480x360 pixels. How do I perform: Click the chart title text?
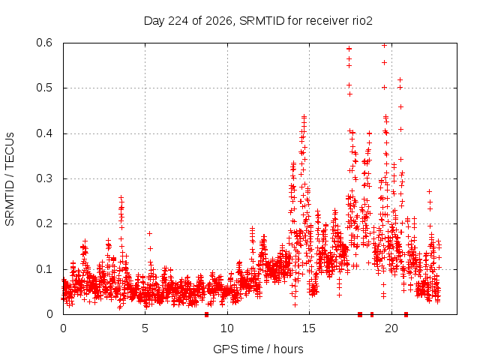pos(258,21)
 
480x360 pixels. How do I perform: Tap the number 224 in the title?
pos(179,21)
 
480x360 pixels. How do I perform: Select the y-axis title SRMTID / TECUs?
pos(10,179)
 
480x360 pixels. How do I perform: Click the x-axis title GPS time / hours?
pos(258,349)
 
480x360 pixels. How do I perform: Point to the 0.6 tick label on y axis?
pos(44,43)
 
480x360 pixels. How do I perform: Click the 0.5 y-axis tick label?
pos(44,88)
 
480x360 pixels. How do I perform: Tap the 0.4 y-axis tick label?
pos(44,133)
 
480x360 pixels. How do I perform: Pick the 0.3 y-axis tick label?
pos(44,178)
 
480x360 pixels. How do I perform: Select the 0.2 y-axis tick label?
pos(44,223)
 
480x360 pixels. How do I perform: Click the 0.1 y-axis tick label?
pos(44,269)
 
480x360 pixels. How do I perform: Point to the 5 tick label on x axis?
pos(145,328)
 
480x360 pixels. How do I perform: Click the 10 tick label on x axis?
pos(227,328)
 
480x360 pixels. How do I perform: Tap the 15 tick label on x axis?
pos(309,328)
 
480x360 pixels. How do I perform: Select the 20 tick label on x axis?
pos(391,328)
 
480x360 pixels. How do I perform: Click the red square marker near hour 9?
pos(207,314)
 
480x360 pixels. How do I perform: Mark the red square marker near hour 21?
pos(406,314)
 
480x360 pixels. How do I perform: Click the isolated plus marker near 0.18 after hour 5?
pos(149,233)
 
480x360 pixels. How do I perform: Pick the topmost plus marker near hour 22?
pos(429,192)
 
